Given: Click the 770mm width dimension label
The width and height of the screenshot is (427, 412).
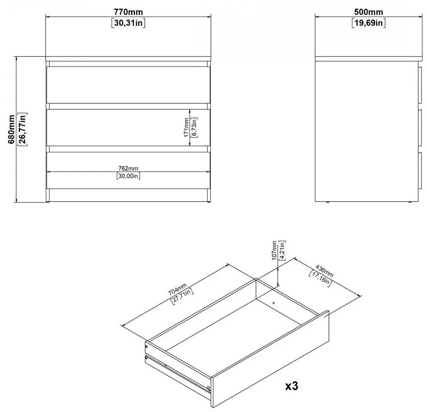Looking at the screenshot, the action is pyautogui.click(x=128, y=12).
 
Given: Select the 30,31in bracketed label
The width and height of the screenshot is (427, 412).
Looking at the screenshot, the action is pyautogui.click(x=128, y=23).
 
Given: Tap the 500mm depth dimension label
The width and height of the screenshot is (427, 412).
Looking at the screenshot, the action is pyautogui.click(x=369, y=12).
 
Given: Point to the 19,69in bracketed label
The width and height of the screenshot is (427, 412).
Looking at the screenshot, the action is pyautogui.click(x=369, y=23).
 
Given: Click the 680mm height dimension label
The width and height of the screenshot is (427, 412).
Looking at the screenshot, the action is pyautogui.click(x=12, y=129).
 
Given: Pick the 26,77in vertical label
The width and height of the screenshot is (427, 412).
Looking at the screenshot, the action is pyautogui.click(x=22, y=129).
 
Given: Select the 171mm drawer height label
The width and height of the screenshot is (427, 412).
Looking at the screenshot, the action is pyautogui.click(x=186, y=127).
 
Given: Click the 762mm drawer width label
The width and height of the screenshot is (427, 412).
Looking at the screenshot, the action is pyautogui.click(x=128, y=169).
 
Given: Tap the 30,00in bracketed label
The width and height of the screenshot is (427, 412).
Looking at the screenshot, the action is pyautogui.click(x=129, y=176).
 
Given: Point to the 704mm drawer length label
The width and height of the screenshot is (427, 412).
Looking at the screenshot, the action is pyautogui.click(x=177, y=289).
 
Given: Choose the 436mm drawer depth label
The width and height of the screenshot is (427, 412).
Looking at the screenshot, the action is pyautogui.click(x=324, y=271).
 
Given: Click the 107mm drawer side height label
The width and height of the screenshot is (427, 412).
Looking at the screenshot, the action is pyautogui.click(x=274, y=251).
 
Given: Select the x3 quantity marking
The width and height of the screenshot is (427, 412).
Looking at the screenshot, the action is pyautogui.click(x=292, y=386).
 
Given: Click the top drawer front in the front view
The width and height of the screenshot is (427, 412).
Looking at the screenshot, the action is pyautogui.click(x=128, y=85).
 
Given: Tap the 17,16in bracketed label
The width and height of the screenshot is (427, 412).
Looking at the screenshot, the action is pyautogui.click(x=320, y=278).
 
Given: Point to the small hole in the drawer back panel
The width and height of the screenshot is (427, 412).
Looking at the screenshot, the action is pyautogui.click(x=274, y=302).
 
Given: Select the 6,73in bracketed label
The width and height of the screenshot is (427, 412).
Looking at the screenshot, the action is pyautogui.click(x=194, y=127).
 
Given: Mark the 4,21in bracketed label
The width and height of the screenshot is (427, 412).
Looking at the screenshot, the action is pyautogui.click(x=282, y=251).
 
